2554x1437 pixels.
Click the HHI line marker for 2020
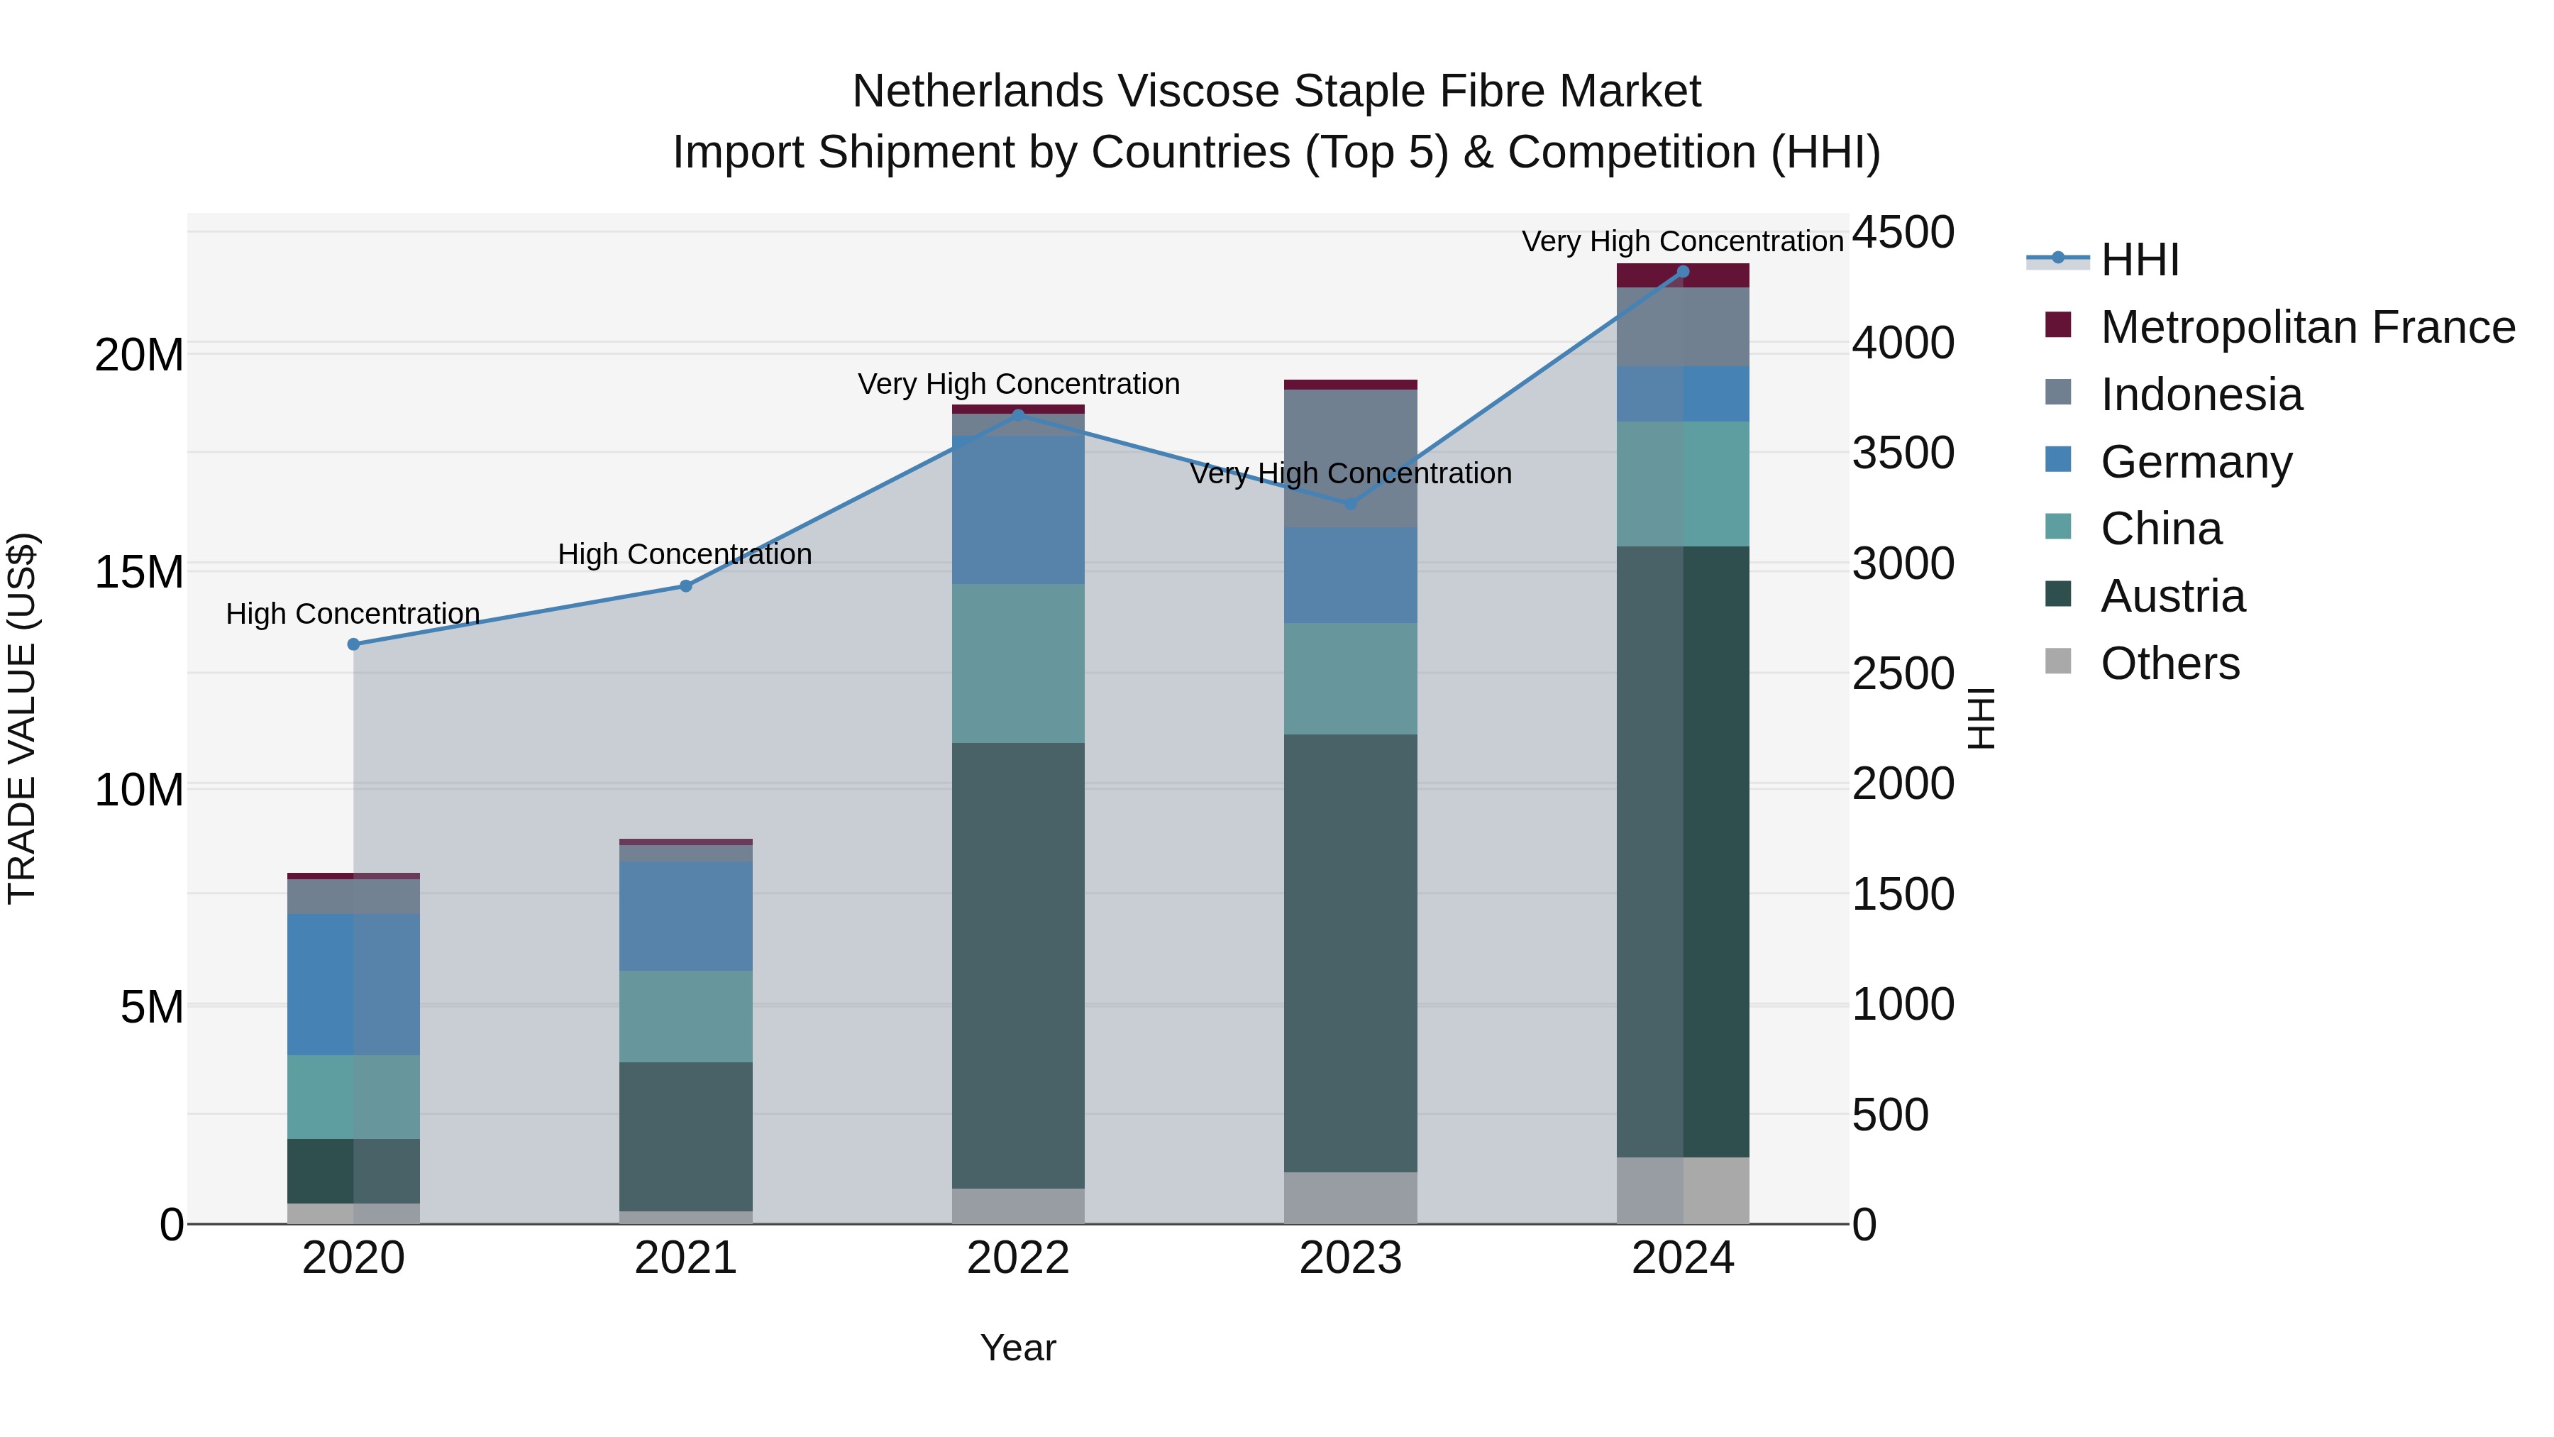(x=354, y=644)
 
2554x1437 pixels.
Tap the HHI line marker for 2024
(x=1683, y=272)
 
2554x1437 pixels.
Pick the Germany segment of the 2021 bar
(x=685, y=915)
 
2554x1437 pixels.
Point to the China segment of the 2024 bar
(x=1683, y=484)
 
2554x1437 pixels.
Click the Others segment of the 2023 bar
(x=1350, y=1198)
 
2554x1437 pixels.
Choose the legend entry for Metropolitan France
(x=2306, y=327)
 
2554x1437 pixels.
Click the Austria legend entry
(x=2172, y=596)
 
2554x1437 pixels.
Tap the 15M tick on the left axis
(x=139, y=572)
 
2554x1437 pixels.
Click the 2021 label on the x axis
(x=685, y=1258)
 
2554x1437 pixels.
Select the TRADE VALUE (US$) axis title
(x=22, y=718)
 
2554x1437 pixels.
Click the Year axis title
(x=1018, y=1348)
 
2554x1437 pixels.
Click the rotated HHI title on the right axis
(x=1980, y=718)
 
